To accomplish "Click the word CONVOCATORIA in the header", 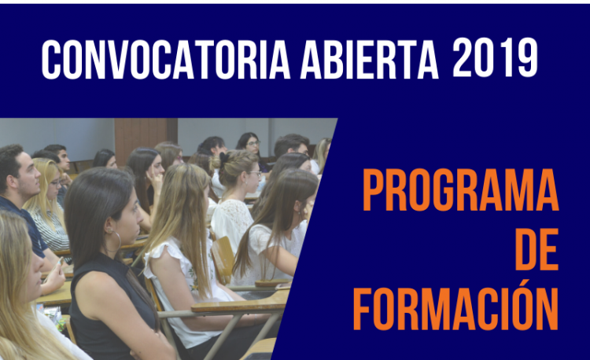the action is (x=165, y=59).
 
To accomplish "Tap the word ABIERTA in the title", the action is (x=370, y=59).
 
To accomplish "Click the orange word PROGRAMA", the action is (x=460, y=190).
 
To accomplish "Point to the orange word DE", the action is (x=537, y=248).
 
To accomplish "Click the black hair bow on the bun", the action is (x=224, y=159).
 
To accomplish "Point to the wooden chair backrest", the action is (x=223, y=259).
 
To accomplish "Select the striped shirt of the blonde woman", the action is (x=50, y=229).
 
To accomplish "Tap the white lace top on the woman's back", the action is (x=230, y=222).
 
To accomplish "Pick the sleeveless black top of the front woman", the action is (x=109, y=303).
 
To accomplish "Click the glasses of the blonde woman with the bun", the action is (x=255, y=173).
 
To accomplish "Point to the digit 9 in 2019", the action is (x=527, y=57).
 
